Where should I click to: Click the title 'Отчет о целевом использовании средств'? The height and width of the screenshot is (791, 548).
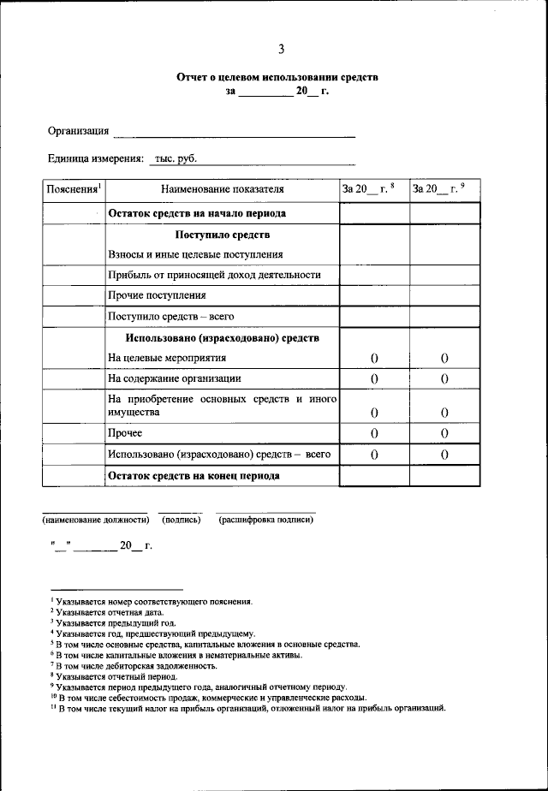pyautogui.click(x=277, y=77)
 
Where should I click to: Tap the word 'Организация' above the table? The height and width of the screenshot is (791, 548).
pyautogui.click(x=78, y=131)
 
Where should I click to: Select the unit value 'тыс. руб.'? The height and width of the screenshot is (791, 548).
pyautogui.click(x=175, y=158)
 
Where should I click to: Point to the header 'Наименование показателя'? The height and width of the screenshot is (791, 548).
pyautogui.click(x=222, y=189)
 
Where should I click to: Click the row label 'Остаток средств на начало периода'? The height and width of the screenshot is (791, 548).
pyautogui.click(x=197, y=213)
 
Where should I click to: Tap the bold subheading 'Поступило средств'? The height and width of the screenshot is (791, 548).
pyautogui.click(x=223, y=235)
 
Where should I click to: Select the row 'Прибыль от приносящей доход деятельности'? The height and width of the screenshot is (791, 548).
pyautogui.click(x=214, y=275)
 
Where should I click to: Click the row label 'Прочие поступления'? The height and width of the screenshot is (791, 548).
pyautogui.click(x=157, y=295)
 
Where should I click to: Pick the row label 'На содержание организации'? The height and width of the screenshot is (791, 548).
pyautogui.click(x=175, y=378)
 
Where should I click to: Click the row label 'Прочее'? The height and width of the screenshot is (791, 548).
pyautogui.click(x=125, y=434)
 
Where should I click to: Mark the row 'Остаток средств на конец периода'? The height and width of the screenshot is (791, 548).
pyautogui.click(x=194, y=475)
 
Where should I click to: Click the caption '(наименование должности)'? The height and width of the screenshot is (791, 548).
pyautogui.click(x=96, y=520)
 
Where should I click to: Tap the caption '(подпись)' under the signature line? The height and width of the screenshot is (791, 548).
pyautogui.click(x=181, y=520)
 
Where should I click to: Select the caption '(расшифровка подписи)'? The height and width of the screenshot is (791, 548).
pyautogui.click(x=265, y=520)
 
